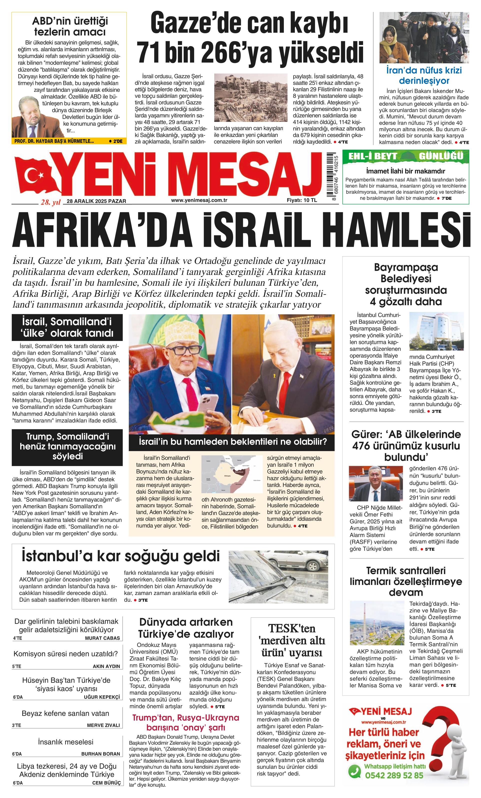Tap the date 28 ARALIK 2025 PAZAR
click(x=96, y=201)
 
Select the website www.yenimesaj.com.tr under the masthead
click(x=199, y=200)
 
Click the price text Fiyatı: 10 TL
click(x=302, y=200)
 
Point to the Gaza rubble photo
click(x=251, y=97)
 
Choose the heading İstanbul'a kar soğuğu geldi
click(x=121, y=556)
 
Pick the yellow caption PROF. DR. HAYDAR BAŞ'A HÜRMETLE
click(x=54, y=141)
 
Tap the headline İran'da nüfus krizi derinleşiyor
click(x=424, y=75)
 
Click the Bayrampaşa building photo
click(x=436, y=331)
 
